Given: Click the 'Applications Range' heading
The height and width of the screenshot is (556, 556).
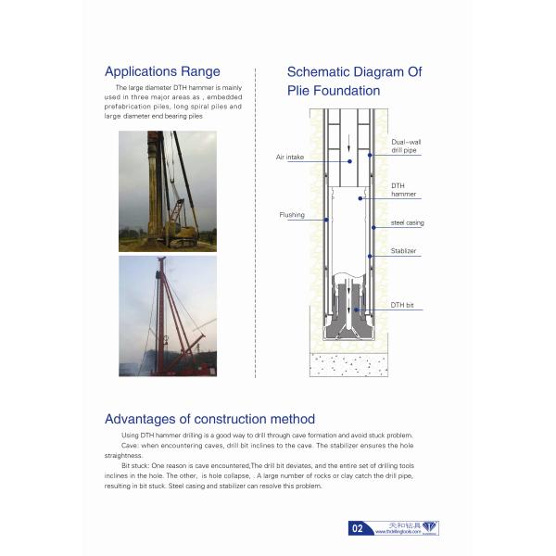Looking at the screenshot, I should pyautogui.click(x=162, y=71).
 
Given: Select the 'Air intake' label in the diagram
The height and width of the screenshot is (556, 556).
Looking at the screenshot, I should pyautogui.click(x=290, y=158).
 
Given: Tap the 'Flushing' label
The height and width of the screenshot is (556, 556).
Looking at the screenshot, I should pyautogui.click(x=292, y=215).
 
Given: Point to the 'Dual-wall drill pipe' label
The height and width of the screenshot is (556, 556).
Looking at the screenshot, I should pyautogui.click(x=406, y=145).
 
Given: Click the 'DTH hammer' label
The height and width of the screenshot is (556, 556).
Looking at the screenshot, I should pyautogui.click(x=403, y=189).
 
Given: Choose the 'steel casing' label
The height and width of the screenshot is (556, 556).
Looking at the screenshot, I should pyautogui.click(x=406, y=223).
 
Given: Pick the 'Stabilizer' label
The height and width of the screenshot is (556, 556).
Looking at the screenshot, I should pyautogui.click(x=403, y=251).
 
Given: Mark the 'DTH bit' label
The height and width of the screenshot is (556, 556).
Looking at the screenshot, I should pyautogui.click(x=401, y=305).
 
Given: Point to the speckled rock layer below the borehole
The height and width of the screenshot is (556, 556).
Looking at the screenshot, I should pyautogui.click(x=348, y=364).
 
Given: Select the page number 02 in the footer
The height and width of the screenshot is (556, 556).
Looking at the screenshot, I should pyautogui.click(x=357, y=529).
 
